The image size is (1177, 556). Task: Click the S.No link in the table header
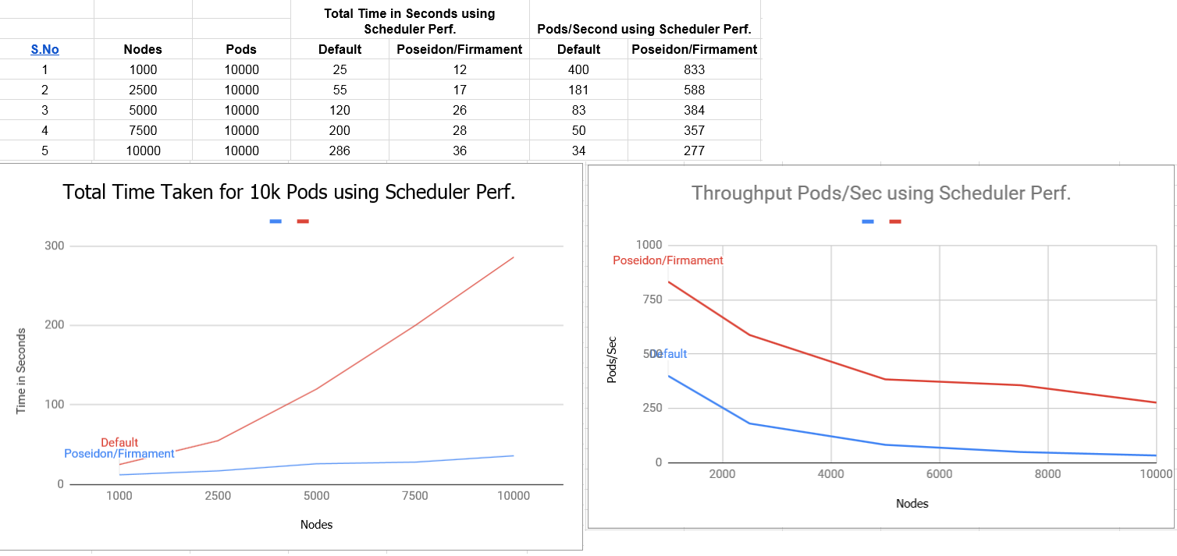pyautogui.click(x=44, y=49)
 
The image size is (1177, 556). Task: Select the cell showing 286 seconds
pyautogui.click(x=340, y=151)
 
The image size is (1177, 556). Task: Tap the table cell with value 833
pyautogui.click(x=694, y=70)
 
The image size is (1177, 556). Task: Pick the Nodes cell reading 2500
pyautogui.click(x=143, y=90)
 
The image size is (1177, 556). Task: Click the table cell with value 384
pyautogui.click(x=694, y=110)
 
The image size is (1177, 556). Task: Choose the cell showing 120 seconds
pyautogui.click(x=340, y=110)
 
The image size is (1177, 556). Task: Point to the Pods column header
pyautogui.click(x=241, y=49)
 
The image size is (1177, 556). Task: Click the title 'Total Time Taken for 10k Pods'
pyautogui.click(x=289, y=192)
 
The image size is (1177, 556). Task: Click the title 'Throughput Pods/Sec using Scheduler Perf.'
pyautogui.click(x=880, y=193)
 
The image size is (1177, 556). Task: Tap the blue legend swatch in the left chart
pyautogui.click(x=276, y=221)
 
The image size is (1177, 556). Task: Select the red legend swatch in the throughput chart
pyautogui.click(x=894, y=221)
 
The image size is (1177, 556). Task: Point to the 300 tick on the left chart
pyautogui.click(x=54, y=246)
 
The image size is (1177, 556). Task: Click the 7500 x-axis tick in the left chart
pyautogui.click(x=414, y=496)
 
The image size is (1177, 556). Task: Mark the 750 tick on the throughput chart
pyautogui.click(x=652, y=299)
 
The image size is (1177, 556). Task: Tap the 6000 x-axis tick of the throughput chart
pyautogui.click(x=939, y=474)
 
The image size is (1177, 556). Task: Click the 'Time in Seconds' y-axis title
pyautogui.click(x=21, y=371)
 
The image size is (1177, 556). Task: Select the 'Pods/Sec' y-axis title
pyautogui.click(x=612, y=359)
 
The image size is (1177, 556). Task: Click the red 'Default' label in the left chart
pyautogui.click(x=119, y=443)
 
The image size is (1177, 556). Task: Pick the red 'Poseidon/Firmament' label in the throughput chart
pyautogui.click(x=668, y=260)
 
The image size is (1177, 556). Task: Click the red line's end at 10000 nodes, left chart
pyautogui.click(x=514, y=257)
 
